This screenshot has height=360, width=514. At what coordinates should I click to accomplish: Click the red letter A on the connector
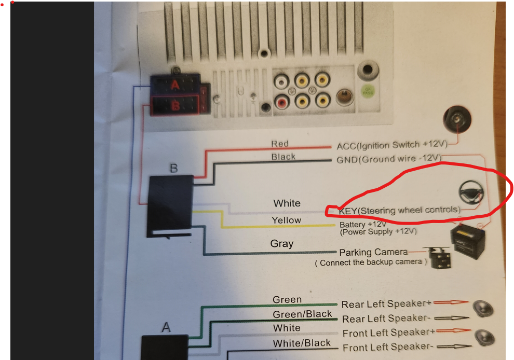(175, 85)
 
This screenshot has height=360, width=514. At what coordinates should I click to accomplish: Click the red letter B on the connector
(175, 105)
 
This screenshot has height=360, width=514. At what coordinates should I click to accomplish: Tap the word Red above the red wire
(280, 144)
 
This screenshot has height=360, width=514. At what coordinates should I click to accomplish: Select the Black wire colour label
(283, 157)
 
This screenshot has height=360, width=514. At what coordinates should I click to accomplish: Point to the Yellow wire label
(287, 220)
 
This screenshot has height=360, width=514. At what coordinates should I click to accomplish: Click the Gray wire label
(282, 244)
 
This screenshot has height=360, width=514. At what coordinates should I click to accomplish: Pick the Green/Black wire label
(302, 314)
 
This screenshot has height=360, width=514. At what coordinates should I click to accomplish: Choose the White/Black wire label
(302, 343)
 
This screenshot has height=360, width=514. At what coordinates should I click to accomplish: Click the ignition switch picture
(457, 119)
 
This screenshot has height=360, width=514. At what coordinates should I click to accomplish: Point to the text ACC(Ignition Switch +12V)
(392, 145)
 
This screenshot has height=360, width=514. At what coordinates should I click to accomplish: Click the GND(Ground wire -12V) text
(389, 159)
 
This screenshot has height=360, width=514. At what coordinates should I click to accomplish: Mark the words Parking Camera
(373, 252)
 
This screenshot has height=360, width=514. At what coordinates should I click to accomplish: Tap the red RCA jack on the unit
(281, 102)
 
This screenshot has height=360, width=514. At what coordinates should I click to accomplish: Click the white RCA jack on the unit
(281, 81)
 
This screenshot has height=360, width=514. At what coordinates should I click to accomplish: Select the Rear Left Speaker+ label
(386, 304)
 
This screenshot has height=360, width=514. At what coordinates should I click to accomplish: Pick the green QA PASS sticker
(368, 91)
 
